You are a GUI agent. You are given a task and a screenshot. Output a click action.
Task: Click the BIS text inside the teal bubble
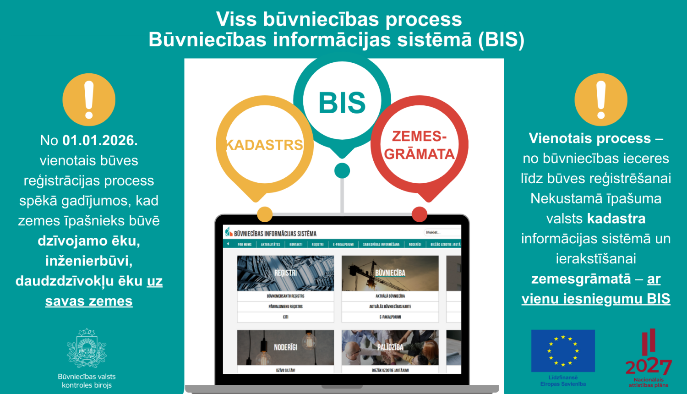pyautogui.click(x=342, y=103)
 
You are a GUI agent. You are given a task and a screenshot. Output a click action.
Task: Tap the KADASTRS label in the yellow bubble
pyautogui.click(x=264, y=145)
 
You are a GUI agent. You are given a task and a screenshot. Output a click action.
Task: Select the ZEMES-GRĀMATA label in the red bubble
pyautogui.click(x=419, y=145)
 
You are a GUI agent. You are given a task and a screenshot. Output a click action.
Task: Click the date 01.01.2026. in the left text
pyautogui.click(x=100, y=140)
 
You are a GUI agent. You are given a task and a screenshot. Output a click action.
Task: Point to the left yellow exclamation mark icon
pyautogui.click(x=89, y=100)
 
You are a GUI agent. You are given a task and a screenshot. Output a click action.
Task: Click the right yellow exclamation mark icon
pyautogui.click(x=600, y=100)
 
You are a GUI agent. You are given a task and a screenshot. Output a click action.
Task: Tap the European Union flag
pyautogui.click(x=563, y=350)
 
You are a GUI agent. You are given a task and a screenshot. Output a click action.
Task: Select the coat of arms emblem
pyautogui.click(x=87, y=348)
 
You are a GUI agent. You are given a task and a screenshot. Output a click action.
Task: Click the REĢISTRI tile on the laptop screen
pyautogui.click(x=285, y=273)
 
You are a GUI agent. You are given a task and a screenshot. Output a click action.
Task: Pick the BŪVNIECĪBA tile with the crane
pyautogui.click(x=390, y=273)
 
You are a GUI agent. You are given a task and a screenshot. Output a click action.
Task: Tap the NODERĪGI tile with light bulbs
pyautogui.click(x=285, y=347)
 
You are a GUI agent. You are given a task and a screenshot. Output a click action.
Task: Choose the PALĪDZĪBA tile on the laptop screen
pyautogui.click(x=390, y=347)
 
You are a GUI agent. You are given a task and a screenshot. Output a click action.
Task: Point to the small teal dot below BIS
pyautogui.click(x=342, y=170)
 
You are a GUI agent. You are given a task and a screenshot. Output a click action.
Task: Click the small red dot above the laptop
pyautogui.click(x=420, y=214)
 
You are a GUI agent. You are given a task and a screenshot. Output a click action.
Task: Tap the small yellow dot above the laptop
pyautogui.click(x=265, y=214)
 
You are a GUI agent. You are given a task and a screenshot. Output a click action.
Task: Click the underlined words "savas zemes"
pyautogui.click(x=89, y=301)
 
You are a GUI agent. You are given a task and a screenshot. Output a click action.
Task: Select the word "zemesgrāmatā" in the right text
pyautogui.click(x=581, y=279)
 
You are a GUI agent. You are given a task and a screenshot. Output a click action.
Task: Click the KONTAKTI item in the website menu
pyautogui.click(x=296, y=245)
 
